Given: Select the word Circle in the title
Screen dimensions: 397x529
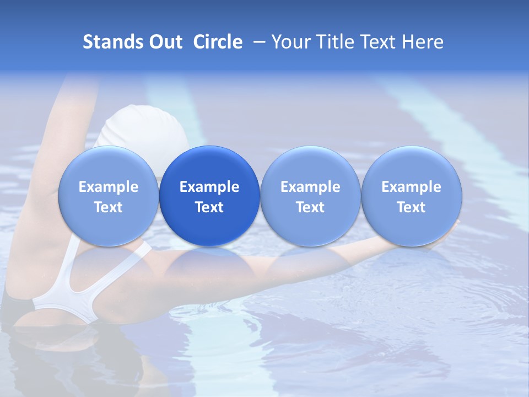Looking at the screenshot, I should coord(218,42).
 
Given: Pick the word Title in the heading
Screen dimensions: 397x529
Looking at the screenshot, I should coord(339,42).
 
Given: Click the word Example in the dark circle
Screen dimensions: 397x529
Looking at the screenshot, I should coord(209,187).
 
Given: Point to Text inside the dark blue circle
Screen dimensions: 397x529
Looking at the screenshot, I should coord(209,207).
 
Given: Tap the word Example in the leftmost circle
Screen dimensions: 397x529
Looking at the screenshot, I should coord(108,187).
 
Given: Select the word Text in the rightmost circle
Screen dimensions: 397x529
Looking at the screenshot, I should coord(411,207).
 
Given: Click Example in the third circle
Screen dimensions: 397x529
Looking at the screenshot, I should coord(310,187).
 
